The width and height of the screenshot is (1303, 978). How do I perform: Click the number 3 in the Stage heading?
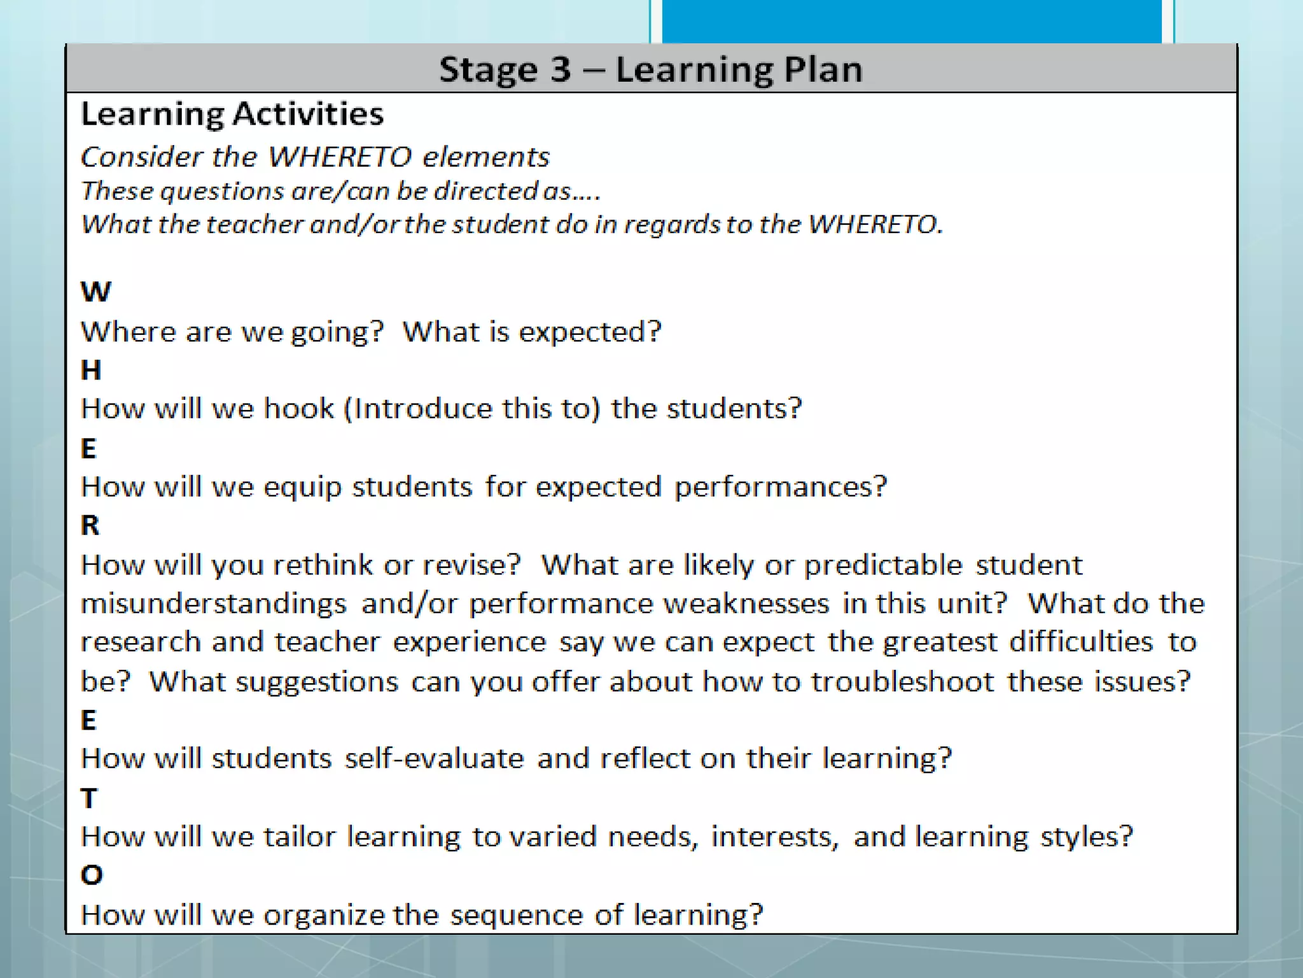coord(561,69)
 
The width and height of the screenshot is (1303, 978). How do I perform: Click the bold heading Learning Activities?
coord(232,115)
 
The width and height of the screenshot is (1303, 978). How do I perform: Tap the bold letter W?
coord(96,292)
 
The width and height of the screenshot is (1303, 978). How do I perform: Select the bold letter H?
coord(91,371)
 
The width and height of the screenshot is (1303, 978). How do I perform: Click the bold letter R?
coord(90,526)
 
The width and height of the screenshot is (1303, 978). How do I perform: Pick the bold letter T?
coord(89,798)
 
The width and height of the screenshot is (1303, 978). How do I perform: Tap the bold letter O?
coord(92,875)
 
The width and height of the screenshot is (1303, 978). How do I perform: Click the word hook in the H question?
coord(298,409)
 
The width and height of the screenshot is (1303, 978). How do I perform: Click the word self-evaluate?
coord(434,759)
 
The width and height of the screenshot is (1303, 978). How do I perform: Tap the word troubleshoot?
coord(902,682)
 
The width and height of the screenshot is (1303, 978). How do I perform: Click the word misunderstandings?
coord(214,604)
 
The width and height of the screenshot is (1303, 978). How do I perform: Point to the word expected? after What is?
coord(590,332)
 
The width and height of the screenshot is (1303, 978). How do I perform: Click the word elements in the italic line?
coord(486,157)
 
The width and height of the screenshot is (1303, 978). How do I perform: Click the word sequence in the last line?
coord(516,916)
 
